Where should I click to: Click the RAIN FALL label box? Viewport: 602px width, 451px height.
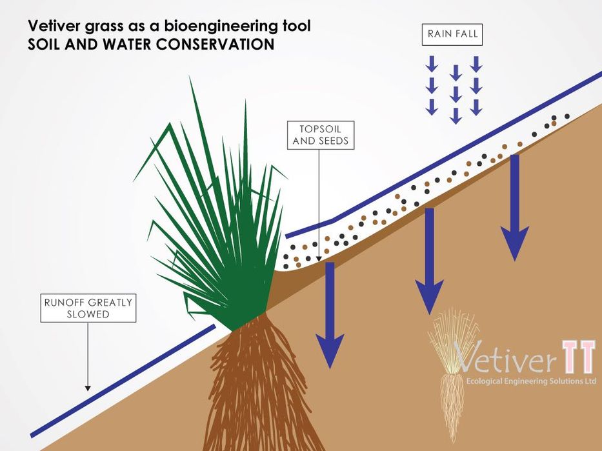(x=452, y=35)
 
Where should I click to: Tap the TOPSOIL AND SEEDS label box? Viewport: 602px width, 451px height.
(x=321, y=135)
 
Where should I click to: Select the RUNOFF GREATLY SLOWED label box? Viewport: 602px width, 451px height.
(x=88, y=308)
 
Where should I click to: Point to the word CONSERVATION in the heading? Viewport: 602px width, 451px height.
(x=215, y=44)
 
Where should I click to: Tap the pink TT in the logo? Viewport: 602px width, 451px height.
(x=579, y=356)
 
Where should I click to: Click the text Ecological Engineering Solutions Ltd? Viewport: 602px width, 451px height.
(x=531, y=381)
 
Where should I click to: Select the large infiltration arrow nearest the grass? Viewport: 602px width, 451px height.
(x=330, y=316)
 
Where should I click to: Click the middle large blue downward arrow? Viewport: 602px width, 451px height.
(x=430, y=261)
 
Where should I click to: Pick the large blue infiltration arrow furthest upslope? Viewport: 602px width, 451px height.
(x=515, y=208)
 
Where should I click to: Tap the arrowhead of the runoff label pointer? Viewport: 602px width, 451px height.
(x=88, y=388)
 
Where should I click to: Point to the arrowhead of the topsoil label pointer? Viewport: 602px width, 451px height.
(x=319, y=259)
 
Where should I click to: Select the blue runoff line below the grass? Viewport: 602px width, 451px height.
(x=123, y=381)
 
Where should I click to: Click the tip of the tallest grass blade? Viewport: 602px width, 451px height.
(x=190, y=77)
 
